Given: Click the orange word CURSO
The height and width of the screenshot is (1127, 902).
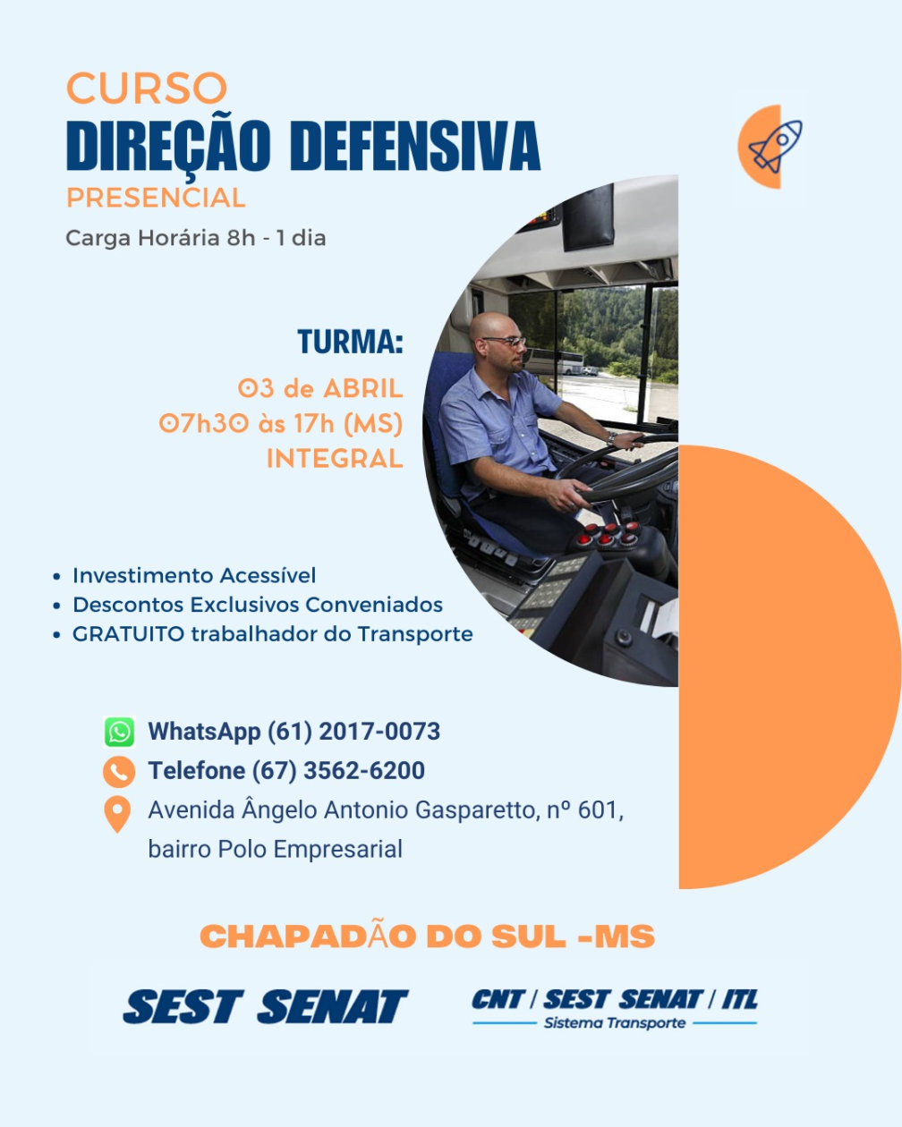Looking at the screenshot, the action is [x=147, y=88].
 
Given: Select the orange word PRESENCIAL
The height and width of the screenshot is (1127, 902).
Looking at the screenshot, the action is [x=156, y=198].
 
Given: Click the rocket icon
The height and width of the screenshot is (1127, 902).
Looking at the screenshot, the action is [x=775, y=147].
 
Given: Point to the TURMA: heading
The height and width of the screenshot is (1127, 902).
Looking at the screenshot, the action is [x=350, y=342].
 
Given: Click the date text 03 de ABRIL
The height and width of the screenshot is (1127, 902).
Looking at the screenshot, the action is [x=320, y=388].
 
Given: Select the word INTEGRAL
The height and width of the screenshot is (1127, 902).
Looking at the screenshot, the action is [x=335, y=459].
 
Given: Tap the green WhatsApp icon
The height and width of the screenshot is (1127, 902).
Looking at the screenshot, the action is [x=120, y=732].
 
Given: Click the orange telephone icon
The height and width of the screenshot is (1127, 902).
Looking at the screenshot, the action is [x=119, y=772].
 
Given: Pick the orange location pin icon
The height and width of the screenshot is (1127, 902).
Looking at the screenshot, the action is [x=117, y=813].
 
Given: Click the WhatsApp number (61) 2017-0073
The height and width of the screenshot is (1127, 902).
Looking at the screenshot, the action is [x=353, y=732].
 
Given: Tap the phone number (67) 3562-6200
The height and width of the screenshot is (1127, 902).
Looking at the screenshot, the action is [x=338, y=771].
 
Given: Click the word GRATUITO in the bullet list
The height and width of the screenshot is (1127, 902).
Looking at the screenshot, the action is [x=128, y=634].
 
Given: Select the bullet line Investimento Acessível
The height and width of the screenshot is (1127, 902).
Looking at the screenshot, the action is [x=194, y=575].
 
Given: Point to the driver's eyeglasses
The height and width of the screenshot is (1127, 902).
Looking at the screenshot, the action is [x=505, y=341].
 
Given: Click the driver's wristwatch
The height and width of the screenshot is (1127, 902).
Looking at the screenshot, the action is [x=611, y=437].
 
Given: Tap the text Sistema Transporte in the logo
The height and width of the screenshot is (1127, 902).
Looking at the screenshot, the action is [x=614, y=1022].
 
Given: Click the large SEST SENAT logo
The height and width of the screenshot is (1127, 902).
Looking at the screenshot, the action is [x=265, y=1006].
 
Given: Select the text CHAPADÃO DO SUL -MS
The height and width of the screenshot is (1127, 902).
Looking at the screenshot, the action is [x=427, y=936].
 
